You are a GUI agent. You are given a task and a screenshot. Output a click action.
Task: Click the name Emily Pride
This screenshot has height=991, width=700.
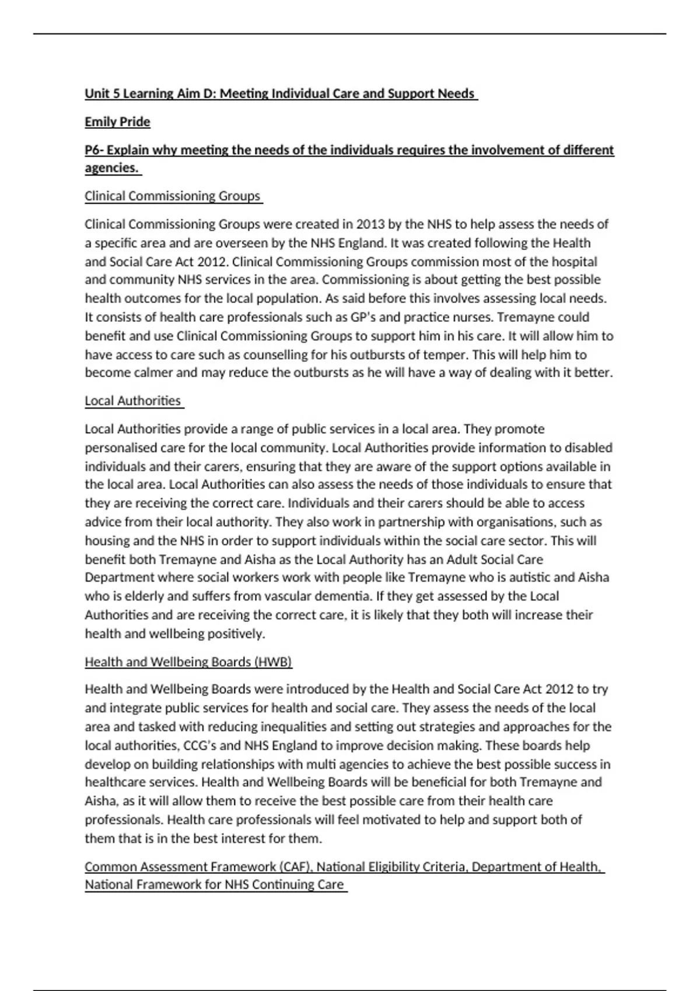117,122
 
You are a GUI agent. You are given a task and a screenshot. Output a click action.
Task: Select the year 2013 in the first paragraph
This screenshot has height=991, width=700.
370,224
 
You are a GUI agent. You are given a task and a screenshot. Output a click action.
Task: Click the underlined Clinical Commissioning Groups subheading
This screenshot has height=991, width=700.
173,196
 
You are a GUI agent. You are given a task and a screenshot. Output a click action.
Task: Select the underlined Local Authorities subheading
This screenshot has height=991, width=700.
133,400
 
